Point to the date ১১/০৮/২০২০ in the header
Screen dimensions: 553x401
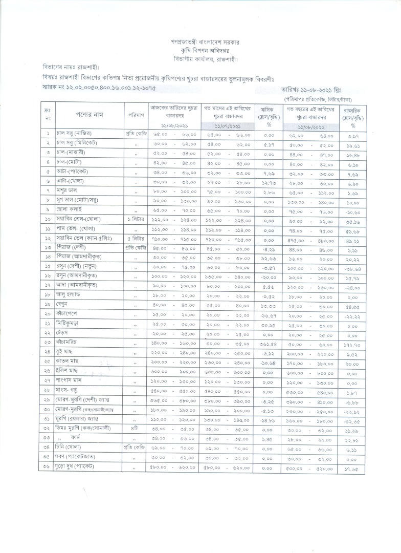pyautogui.click(x=310, y=125)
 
